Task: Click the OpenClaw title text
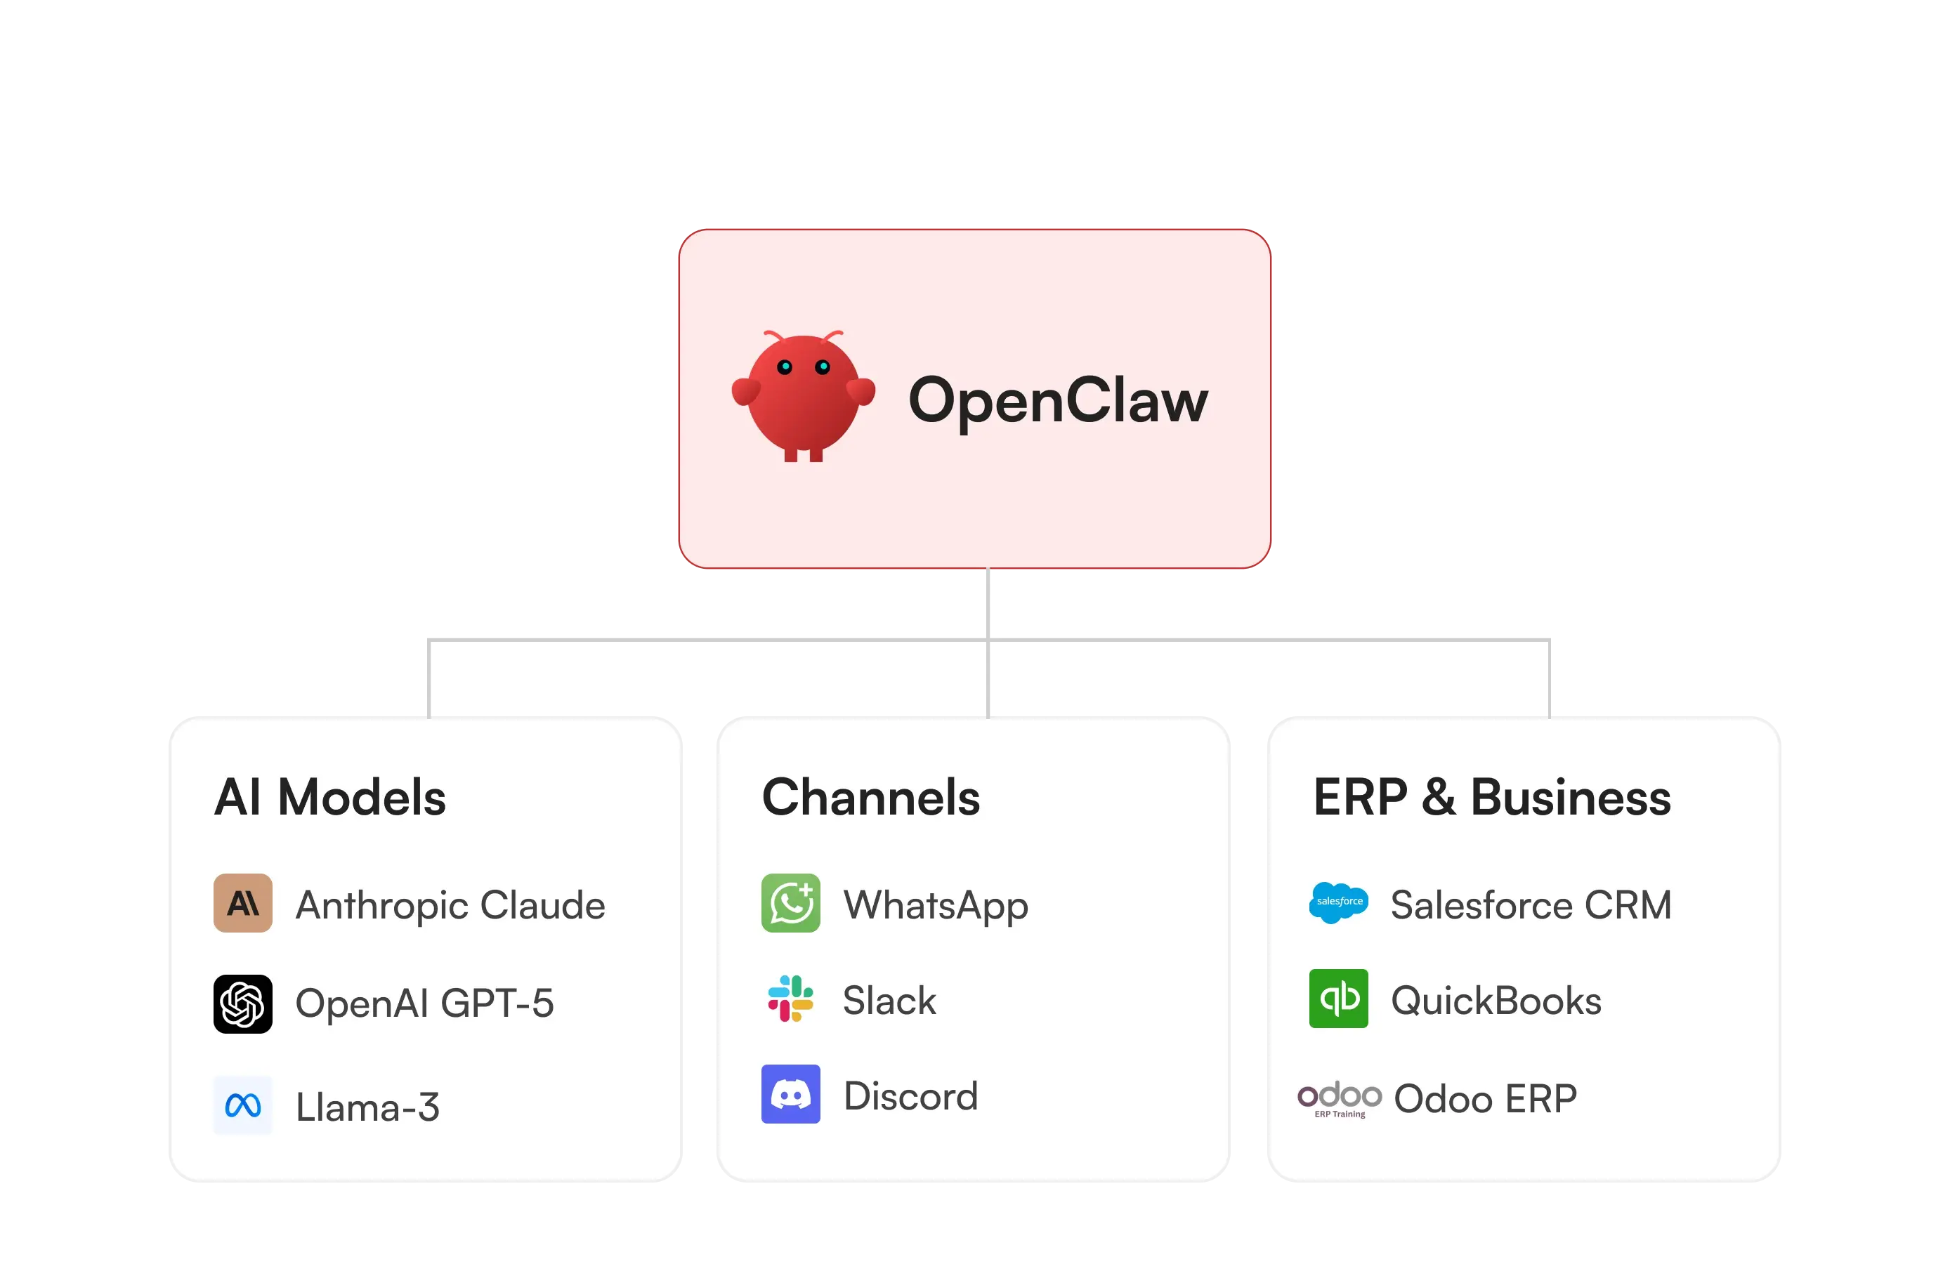(x=1058, y=400)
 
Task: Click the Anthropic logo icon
(x=242, y=903)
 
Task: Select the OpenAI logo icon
(x=242, y=1003)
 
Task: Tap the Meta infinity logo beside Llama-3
(x=242, y=1105)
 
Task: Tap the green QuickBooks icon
(x=1338, y=999)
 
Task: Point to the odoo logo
(x=1340, y=1097)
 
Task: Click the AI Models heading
(x=330, y=797)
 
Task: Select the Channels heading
(x=870, y=797)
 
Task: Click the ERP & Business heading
(x=1491, y=797)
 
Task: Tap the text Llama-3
(x=367, y=1107)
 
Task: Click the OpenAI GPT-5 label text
(x=424, y=1003)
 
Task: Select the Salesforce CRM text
(x=1531, y=905)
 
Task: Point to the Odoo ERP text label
(x=1484, y=1098)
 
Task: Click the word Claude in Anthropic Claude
(x=542, y=905)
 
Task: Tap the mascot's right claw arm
(x=861, y=390)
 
